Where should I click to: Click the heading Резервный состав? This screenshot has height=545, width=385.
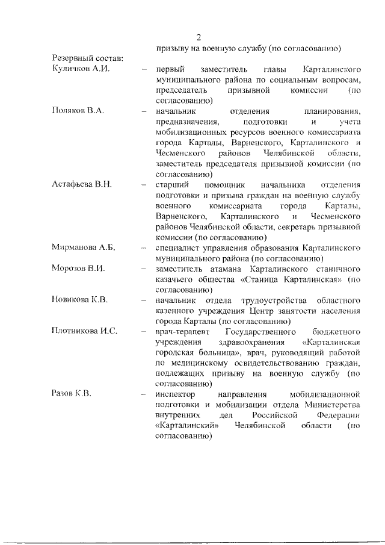coord(87,58)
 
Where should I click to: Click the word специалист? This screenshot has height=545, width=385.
coord(177,247)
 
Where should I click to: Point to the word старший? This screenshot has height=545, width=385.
coord(170,184)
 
